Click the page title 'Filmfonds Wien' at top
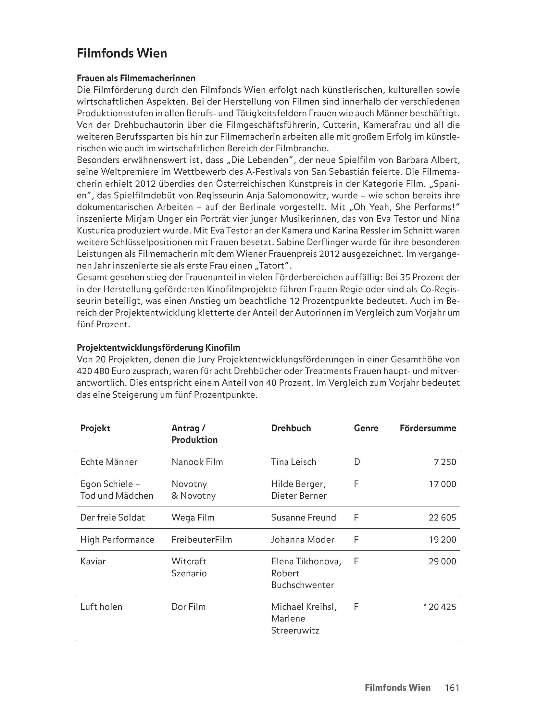(x=122, y=53)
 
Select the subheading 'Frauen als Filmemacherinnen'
(x=136, y=78)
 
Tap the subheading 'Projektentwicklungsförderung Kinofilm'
(x=158, y=348)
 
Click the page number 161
(x=452, y=687)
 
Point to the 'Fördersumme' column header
(x=428, y=428)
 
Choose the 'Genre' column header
(x=366, y=428)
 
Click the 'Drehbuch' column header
(x=291, y=428)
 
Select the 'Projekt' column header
(x=95, y=428)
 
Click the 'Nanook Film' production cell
(x=197, y=462)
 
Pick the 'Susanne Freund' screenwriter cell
(x=303, y=517)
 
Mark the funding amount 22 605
(x=442, y=517)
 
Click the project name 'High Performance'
(x=117, y=539)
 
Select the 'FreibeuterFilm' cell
(x=202, y=539)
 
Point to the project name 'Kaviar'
(x=93, y=561)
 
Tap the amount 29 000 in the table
(x=442, y=561)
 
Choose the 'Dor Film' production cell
(x=188, y=607)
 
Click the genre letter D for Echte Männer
(x=357, y=462)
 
